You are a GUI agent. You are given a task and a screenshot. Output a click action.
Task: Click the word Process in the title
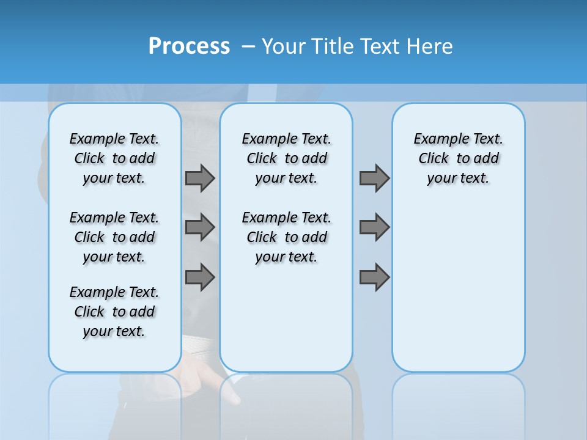coord(189,46)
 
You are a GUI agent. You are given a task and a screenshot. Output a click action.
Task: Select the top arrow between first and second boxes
coord(200,178)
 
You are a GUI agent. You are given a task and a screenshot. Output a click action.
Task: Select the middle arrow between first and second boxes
coord(200,227)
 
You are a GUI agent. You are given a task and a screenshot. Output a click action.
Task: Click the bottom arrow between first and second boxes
coord(200,277)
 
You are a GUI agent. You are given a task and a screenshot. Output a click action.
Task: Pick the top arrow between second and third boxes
coord(374,178)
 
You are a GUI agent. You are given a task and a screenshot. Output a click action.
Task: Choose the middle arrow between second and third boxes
coord(374,227)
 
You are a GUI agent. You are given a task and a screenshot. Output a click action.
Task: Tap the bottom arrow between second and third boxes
coord(374,277)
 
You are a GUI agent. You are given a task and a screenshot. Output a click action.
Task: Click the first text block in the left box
coord(114,158)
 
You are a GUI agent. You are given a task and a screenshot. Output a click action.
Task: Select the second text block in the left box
coord(114,237)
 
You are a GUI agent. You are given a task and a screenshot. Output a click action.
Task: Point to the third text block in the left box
coord(114,312)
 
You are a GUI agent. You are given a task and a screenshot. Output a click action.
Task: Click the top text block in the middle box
coord(286,158)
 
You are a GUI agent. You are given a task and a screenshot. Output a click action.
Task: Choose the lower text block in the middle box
coord(286,237)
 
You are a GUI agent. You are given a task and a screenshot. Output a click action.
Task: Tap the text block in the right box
coord(459,158)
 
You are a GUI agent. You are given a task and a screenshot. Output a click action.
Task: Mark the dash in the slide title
coord(248,46)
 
